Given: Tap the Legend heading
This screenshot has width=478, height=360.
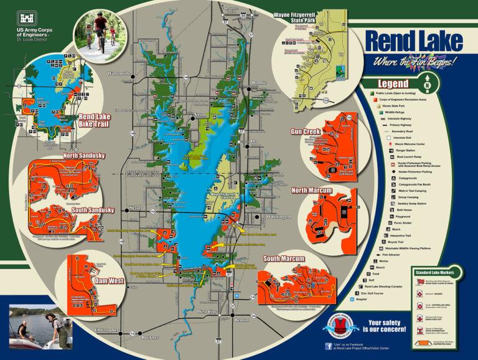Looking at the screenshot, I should click(x=393, y=84).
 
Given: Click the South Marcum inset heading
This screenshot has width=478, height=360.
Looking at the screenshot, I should click(x=283, y=258).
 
